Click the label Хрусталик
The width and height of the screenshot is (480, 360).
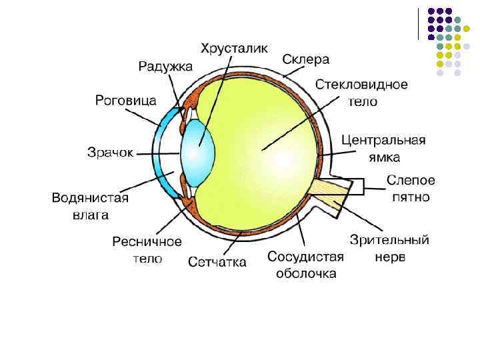[x=235, y=48]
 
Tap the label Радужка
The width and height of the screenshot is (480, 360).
[x=165, y=66]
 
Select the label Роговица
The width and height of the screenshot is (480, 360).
[x=126, y=101]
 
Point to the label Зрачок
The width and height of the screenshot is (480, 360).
[x=110, y=152]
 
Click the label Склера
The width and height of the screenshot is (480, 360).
[x=306, y=59]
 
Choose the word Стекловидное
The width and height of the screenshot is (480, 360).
[x=361, y=85]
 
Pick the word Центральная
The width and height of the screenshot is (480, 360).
[x=383, y=141]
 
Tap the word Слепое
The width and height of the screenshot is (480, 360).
[x=411, y=181]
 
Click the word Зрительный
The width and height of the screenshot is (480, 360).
[x=389, y=240]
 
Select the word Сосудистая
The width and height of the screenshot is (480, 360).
[x=305, y=257]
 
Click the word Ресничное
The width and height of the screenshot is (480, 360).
[x=147, y=241]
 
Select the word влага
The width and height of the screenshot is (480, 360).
[x=91, y=215]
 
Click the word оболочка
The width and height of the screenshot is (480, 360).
[x=306, y=274]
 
